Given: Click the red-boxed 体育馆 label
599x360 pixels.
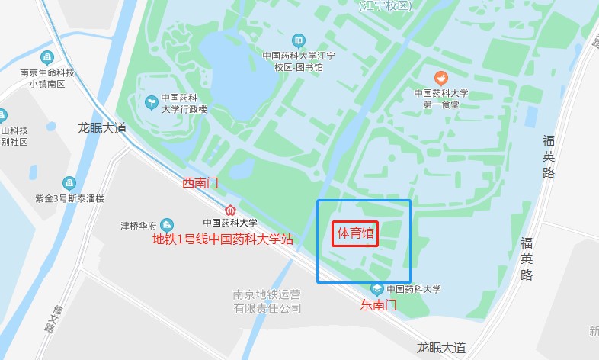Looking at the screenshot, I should [355, 233].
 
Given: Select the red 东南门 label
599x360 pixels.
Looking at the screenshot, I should [379, 304].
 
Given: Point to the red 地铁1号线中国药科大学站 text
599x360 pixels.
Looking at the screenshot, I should [223, 239].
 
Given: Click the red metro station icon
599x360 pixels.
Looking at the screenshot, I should [230, 210].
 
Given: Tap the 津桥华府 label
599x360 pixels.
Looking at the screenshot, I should [138, 226].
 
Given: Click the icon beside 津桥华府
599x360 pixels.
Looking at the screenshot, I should [167, 225].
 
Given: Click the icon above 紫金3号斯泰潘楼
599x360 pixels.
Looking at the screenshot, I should [69, 183].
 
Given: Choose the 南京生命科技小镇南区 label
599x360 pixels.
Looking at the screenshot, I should [47, 79].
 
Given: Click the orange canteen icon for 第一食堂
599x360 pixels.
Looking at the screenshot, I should [440, 78].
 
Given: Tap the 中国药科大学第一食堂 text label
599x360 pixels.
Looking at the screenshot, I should [441, 98].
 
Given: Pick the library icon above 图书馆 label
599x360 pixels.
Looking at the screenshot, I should [299, 40].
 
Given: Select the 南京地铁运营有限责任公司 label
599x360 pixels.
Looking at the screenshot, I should [267, 301].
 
